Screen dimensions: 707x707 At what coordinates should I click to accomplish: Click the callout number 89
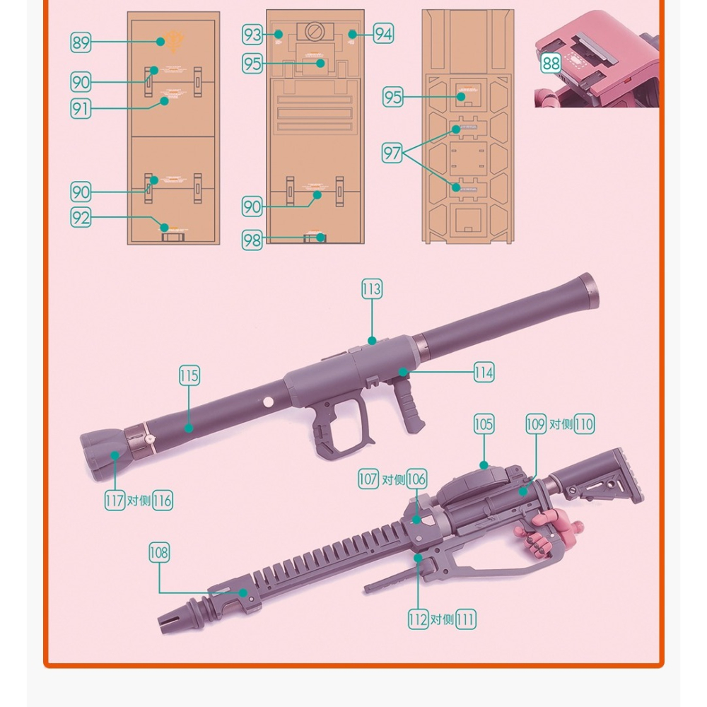coord(81,42)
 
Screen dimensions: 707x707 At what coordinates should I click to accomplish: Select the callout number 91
coord(81,108)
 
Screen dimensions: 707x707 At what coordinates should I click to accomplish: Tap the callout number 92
coord(81,218)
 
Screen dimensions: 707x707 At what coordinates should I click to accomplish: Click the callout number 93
coord(252,33)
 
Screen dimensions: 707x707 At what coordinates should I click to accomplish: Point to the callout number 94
coord(383,33)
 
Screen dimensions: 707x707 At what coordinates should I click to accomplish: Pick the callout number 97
coord(393,152)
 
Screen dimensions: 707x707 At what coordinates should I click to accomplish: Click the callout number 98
coord(252,239)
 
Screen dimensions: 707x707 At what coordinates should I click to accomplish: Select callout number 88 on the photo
coord(551,64)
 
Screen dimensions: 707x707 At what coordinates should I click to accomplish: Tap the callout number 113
coord(371,289)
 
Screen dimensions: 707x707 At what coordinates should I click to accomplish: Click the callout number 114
coord(484,372)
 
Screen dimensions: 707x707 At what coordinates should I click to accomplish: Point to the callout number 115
coord(189,375)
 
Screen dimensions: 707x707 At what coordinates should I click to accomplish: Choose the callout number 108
coord(159,552)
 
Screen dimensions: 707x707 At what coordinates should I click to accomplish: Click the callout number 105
coord(484,424)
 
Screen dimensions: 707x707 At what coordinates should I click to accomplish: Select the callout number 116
coord(163,501)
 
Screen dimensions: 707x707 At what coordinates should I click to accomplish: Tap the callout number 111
coord(465,619)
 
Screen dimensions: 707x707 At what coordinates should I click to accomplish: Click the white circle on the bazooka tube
coord(268,402)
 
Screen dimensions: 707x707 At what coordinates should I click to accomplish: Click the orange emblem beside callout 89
coord(173,43)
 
